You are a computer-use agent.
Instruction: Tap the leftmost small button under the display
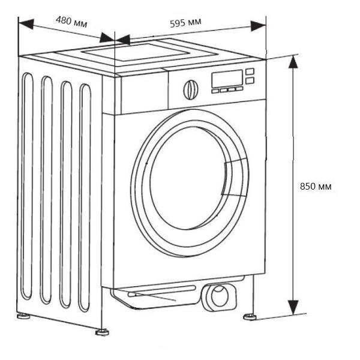[215, 90]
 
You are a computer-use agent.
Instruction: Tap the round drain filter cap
[218, 296]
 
